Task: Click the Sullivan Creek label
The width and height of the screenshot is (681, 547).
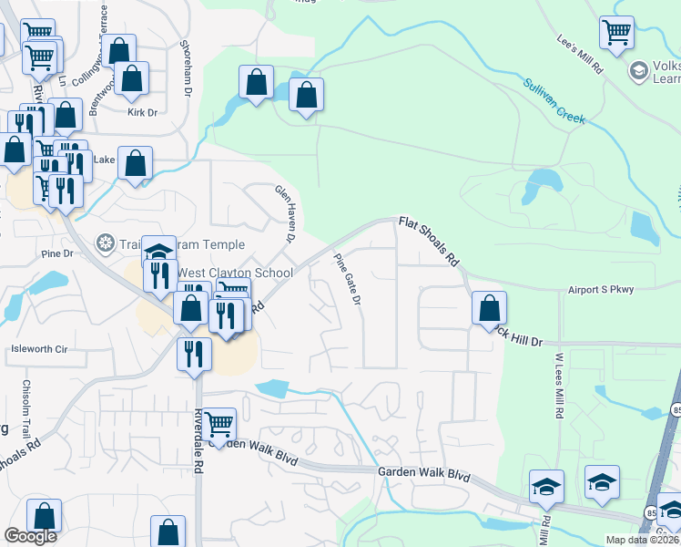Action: pyautogui.click(x=554, y=101)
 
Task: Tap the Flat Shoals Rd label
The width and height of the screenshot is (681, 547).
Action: pyautogui.click(x=428, y=241)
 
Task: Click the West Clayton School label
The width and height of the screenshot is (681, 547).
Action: pyautogui.click(x=235, y=273)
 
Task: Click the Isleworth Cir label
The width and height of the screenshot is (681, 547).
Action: pyautogui.click(x=39, y=349)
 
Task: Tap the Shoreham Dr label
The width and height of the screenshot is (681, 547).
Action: pyautogui.click(x=187, y=69)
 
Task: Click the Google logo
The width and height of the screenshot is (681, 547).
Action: pyautogui.click(x=30, y=536)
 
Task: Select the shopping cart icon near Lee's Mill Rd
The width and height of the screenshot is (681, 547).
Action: pyautogui.click(x=616, y=32)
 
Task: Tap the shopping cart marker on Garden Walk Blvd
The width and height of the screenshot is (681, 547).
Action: pyautogui.click(x=219, y=423)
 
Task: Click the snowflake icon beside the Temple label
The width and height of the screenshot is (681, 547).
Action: pyautogui.click(x=106, y=244)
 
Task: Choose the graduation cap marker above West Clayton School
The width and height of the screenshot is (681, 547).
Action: pyautogui.click(x=158, y=252)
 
